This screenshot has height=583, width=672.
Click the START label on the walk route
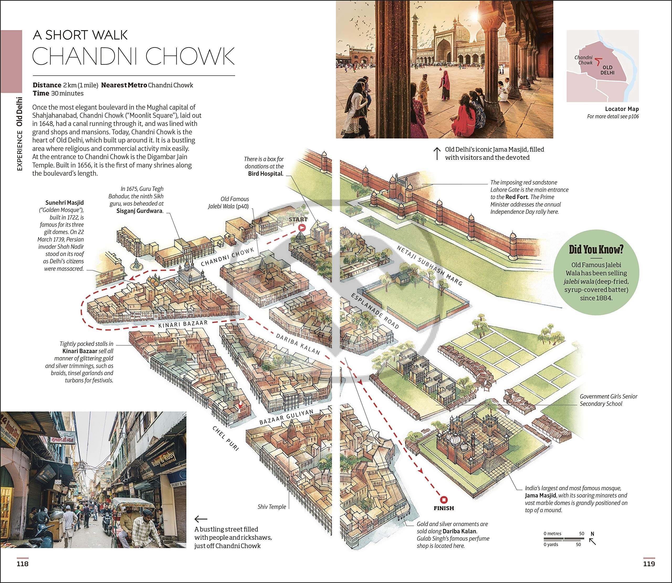coord(298,219)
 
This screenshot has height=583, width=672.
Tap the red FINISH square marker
coord(444,500)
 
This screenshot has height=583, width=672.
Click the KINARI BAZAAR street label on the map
coord(183,324)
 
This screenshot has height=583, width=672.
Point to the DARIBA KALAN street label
coord(298,344)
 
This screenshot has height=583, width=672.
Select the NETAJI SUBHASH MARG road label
coord(429,266)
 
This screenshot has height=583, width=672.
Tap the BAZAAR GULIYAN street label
coord(286,417)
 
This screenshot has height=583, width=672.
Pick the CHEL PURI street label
coord(226,438)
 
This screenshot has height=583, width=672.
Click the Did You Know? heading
coord(596,249)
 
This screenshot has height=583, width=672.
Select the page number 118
coord(23,564)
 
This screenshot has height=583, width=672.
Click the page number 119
coord(649,564)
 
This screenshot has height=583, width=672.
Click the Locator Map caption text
coord(622,109)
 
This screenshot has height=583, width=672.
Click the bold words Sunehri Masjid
coord(65,203)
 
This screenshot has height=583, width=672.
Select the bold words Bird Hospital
coord(265,173)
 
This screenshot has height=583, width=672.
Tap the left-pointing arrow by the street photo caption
coord(201,519)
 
